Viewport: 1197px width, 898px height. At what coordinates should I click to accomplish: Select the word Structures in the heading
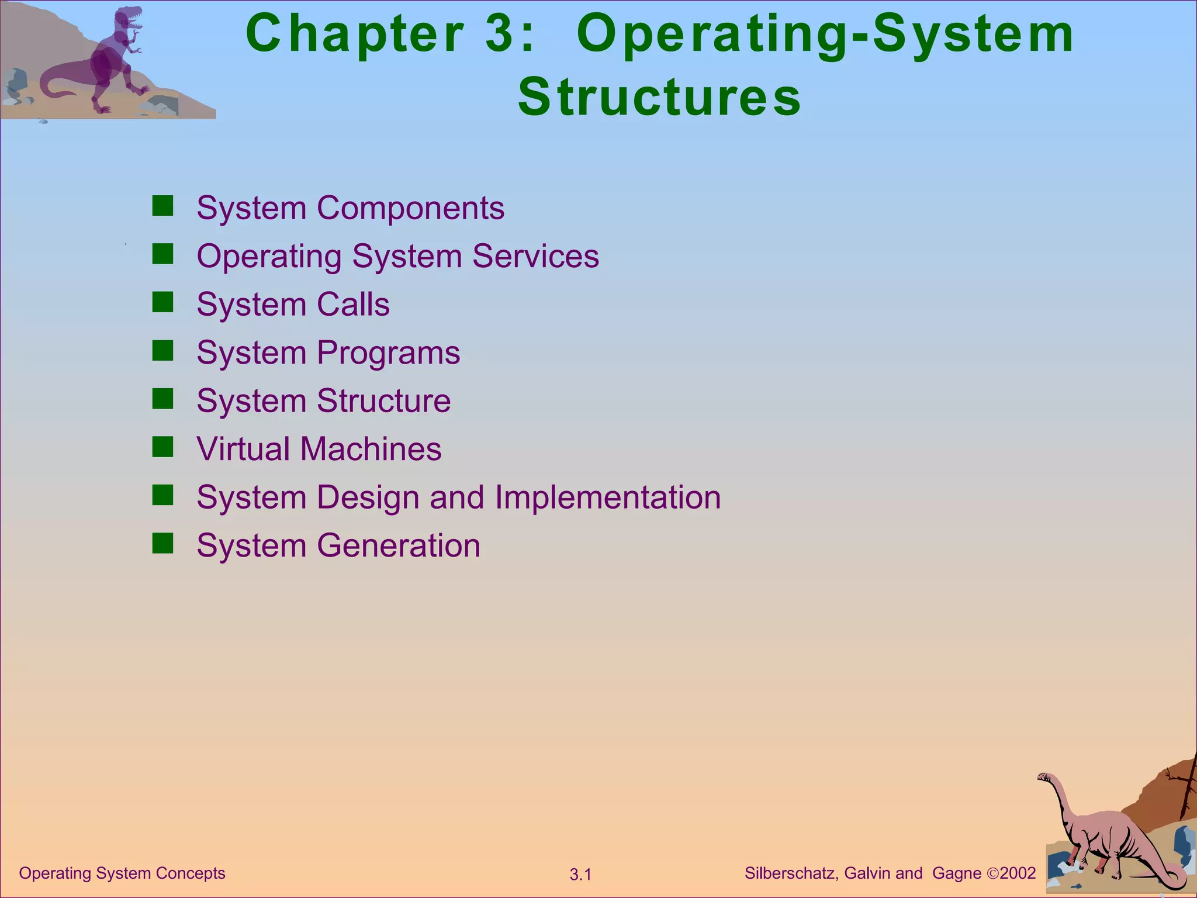[659, 97]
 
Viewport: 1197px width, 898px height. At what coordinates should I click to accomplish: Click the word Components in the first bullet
[410, 208]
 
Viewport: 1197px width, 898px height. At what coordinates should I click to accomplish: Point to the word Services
[535, 256]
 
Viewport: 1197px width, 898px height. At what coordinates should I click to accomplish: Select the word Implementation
[608, 498]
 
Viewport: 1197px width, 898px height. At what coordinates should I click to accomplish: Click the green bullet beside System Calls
[162, 303]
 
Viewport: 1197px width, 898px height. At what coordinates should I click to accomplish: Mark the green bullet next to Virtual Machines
[162, 447]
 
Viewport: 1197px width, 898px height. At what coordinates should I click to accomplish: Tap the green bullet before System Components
[162, 206]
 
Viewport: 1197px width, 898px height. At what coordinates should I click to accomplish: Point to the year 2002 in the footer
[1018, 873]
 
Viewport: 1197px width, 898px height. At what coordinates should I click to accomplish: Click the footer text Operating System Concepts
[122, 873]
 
